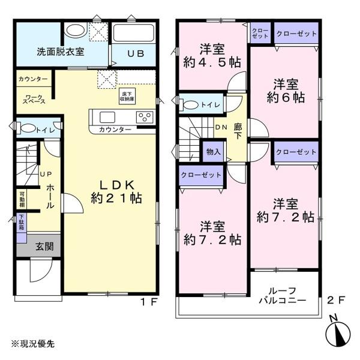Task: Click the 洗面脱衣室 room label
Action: point(61,52)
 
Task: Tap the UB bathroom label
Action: point(136,53)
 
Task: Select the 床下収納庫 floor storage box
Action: point(127,96)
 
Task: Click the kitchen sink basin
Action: point(107,118)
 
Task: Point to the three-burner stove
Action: point(145,117)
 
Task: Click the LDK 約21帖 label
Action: point(116,192)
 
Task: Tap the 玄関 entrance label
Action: point(44,247)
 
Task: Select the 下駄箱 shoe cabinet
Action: point(22,223)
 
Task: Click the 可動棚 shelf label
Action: point(22,199)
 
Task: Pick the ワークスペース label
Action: point(34,99)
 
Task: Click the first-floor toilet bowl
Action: point(28,128)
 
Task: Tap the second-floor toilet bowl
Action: point(191,105)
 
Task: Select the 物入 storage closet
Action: point(213,152)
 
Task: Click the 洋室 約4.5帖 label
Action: point(212,56)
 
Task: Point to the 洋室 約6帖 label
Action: point(286,91)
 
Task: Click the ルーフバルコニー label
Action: point(283,295)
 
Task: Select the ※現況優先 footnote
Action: point(33,343)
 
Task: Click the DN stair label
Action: point(221,127)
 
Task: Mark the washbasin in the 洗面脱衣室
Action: point(74,30)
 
